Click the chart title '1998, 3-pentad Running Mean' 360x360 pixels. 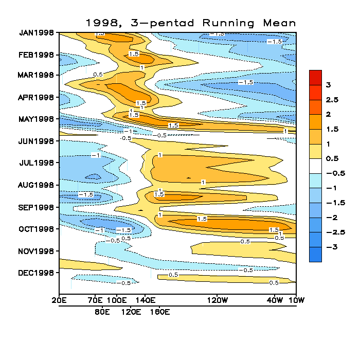[191, 23]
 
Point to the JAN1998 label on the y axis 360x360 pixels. [37, 33]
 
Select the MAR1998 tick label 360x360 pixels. [36, 75]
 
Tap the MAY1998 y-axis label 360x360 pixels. [36, 119]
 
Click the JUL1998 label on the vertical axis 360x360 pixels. [37, 163]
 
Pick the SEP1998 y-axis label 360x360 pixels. [36, 208]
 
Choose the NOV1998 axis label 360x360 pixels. [36, 251]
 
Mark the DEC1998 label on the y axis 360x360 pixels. [36, 273]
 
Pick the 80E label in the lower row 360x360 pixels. [102, 312]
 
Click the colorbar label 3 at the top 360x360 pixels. [329, 85]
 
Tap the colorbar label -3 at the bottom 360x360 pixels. [331, 248]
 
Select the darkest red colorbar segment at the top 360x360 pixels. [315, 77]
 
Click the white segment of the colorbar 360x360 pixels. [315, 166]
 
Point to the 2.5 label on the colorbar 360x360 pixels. [332, 100]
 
